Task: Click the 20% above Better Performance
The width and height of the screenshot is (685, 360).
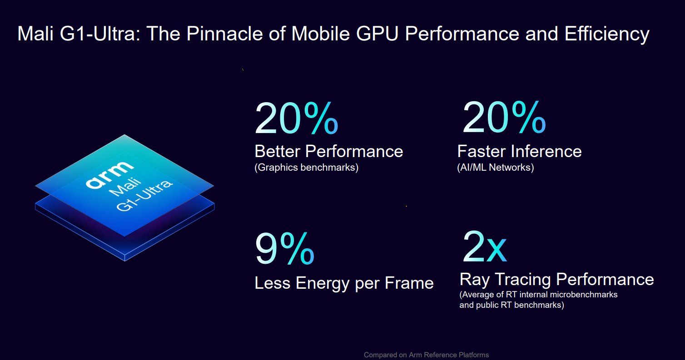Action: (296, 119)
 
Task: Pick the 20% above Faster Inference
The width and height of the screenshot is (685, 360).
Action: (504, 118)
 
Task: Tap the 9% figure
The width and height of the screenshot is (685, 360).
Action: (284, 249)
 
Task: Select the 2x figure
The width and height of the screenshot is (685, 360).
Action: (484, 247)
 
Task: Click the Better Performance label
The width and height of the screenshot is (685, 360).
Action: (328, 151)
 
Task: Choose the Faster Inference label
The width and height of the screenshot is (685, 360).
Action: (519, 151)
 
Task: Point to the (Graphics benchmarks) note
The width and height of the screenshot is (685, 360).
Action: (306, 168)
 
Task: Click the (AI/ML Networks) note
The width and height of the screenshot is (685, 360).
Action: (495, 168)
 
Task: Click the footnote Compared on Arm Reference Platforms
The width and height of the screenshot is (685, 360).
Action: (426, 355)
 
